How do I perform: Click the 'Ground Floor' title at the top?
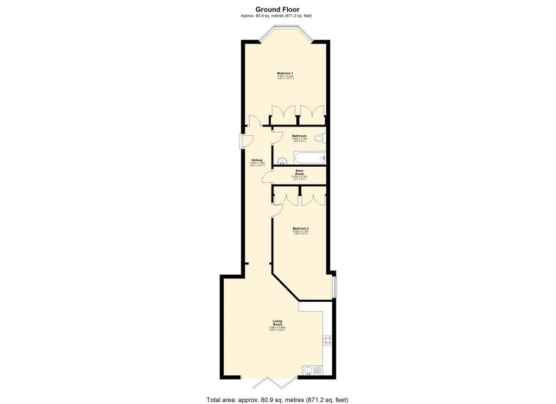277,9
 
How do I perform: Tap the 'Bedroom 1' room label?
285,73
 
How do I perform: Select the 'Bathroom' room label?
299,136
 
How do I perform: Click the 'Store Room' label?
299,172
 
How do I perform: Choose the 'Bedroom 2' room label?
300,228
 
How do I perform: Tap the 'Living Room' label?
277,323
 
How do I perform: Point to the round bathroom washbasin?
282,160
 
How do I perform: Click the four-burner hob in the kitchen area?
328,340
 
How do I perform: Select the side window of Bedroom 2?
334,287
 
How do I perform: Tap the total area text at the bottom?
277,400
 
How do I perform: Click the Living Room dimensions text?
277,329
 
